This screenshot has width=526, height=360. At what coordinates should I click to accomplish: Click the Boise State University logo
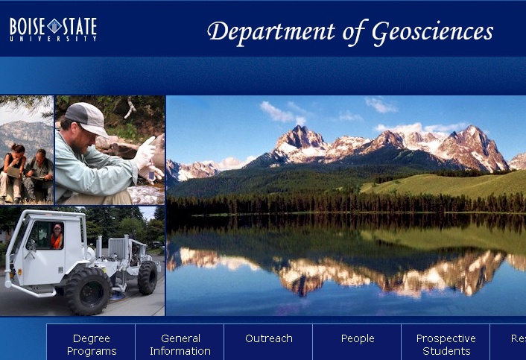53,28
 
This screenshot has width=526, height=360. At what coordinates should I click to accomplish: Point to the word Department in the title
271,32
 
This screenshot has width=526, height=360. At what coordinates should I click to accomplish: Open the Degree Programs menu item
91,344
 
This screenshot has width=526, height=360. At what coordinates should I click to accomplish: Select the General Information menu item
180,344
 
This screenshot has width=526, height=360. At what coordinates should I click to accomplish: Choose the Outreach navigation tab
268,338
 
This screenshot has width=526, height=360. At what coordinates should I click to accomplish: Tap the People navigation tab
357,338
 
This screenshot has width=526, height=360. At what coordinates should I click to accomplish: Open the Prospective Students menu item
446,344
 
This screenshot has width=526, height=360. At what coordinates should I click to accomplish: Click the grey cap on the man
87,117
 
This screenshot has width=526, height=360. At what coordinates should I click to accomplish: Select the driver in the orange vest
56,236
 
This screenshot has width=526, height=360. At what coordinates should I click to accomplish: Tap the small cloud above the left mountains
277,113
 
